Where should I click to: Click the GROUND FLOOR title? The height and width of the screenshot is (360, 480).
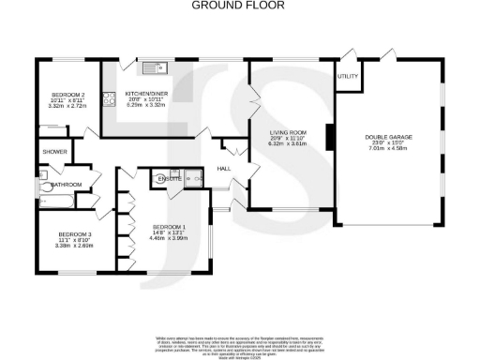pyautogui.click(x=239, y=5)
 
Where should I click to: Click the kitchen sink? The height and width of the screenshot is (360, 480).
pyautogui.click(x=153, y=66)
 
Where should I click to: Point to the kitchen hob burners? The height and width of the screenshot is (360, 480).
pyautogui.click(x=109, y=94)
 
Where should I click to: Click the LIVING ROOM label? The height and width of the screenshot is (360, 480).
pyautogui.click(x=289, y=132)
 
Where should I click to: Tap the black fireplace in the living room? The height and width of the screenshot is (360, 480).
pyautogui.click(x=328, y=138)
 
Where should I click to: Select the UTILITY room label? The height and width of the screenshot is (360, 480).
pyautogui.click(x=347, y=76)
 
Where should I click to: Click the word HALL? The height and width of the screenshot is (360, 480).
pyautogui.click(x=224, y=169)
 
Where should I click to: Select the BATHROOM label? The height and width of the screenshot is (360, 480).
pyautogui.click(x=66, y=184)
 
